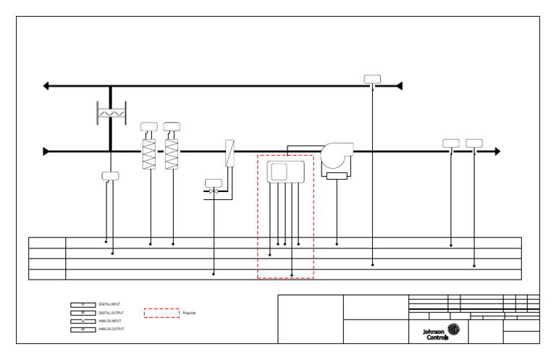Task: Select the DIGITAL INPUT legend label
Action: pos(109,305)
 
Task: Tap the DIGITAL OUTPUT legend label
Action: pos(111,313)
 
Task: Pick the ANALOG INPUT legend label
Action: pos(109,321)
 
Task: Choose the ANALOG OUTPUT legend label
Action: pos(111,329)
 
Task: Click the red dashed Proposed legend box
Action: pos(161,313)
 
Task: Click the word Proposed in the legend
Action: pos(189,313)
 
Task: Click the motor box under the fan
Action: pos(337,175)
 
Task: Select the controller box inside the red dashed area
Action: pos(287,172)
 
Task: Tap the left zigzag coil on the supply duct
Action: pos(149,154)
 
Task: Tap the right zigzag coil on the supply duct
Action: pos(172,154)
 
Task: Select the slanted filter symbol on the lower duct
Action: pos(229,154)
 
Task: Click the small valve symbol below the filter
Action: pos(213,191)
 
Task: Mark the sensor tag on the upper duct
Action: pos(372,79)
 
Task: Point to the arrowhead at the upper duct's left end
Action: pos(46,86)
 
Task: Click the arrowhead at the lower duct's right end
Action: pos(497,151)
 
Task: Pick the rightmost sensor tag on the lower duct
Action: pos(474,143)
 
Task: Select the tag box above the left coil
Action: pos(149,127)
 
